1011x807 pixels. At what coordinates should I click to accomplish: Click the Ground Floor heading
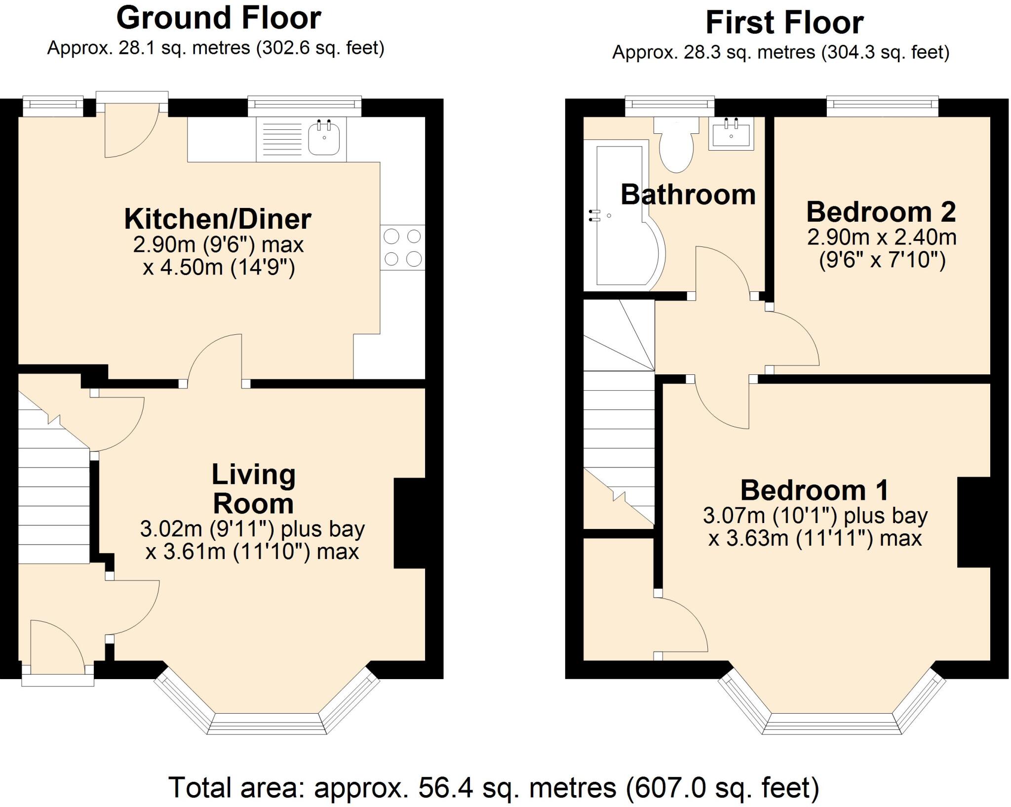point(218,18)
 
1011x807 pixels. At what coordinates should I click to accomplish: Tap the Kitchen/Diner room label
point(218,219)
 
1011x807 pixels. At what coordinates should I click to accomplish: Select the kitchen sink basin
point(324,139)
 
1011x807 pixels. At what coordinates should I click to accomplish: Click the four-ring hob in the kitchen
point(402,247)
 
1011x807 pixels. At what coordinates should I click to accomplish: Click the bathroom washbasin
point(731,133)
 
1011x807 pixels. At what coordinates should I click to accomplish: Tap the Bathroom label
point(688,195)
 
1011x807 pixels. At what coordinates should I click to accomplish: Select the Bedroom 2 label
point(881,212)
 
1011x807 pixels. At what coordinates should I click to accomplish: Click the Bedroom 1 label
point(815,490)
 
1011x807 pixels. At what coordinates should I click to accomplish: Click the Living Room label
point(253,489)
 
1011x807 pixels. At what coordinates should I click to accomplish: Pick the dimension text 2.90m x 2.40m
point(882,238)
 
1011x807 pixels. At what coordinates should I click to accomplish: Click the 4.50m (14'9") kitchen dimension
point(219,267)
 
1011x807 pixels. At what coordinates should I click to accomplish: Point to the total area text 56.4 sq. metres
point(494,787)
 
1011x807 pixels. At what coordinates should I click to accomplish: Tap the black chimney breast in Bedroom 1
point(973,522)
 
